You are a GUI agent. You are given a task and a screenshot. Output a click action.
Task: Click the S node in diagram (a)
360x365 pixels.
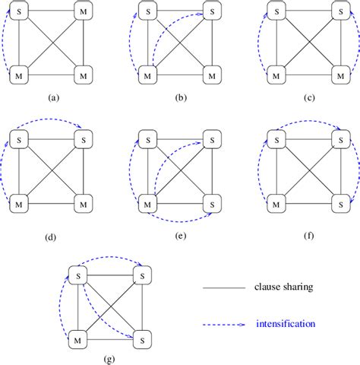point(17,13)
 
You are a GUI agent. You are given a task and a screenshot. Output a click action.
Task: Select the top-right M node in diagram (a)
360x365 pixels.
point(83,13)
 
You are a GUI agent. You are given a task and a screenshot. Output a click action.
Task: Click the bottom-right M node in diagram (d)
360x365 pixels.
point(83,203)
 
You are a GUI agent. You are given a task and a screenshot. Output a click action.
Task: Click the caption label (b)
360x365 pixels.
point(175,97)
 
